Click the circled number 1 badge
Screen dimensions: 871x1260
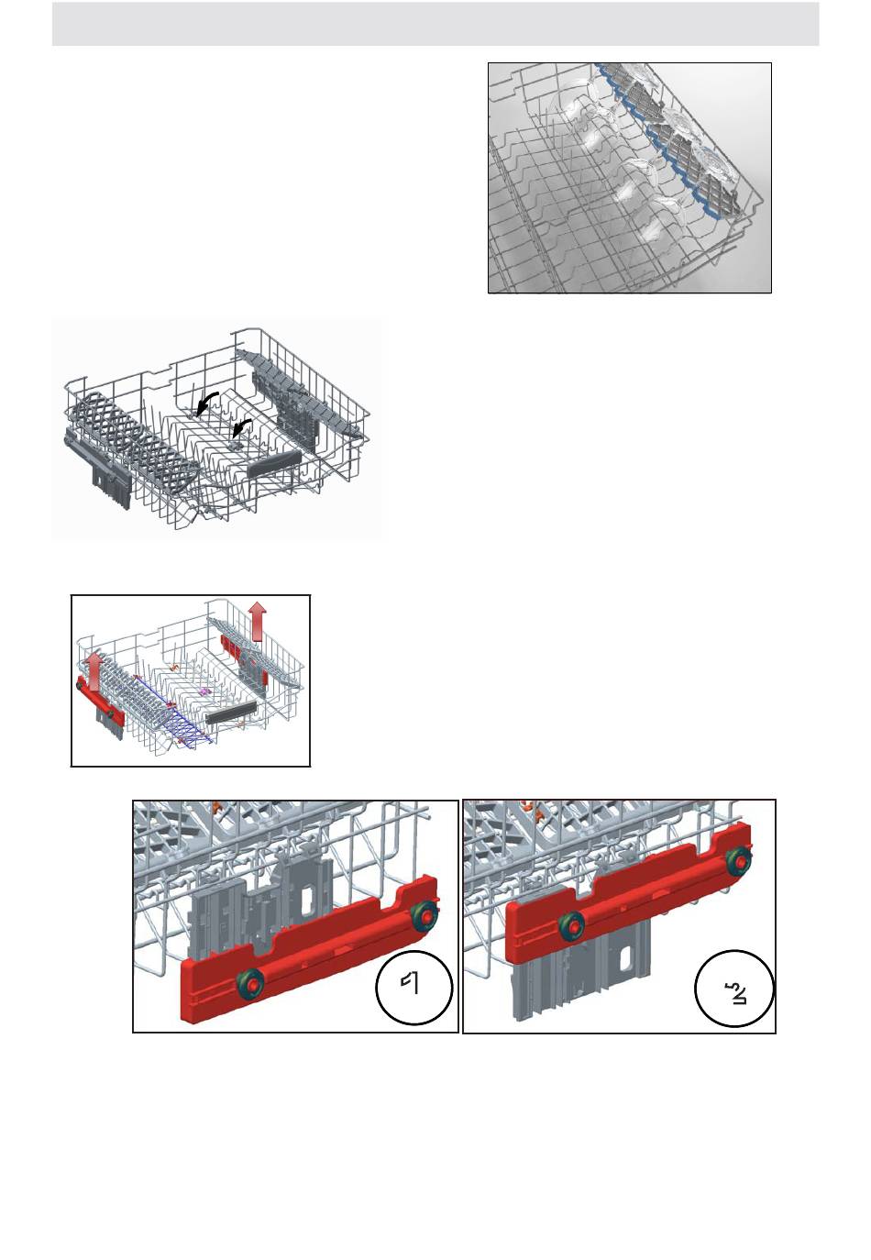(413, 988)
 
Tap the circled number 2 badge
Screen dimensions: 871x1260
(734, 989)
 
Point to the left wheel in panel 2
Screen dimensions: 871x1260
(570, 925)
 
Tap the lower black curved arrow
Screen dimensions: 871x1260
(243, 426)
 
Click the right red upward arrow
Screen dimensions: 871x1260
(258, 621)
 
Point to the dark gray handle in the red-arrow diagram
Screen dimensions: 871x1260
(231, 713)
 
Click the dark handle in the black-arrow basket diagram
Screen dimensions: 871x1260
(274, 462)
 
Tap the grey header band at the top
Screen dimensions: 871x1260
(435, 24)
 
